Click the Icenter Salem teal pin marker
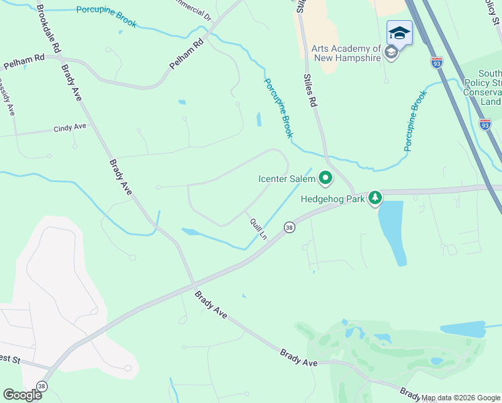tap(325, 179)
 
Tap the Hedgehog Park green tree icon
tap(376, 198)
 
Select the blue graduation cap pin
tap(399, 33)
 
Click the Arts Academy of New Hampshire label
tap(346, 53)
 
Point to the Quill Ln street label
tap(258, 228)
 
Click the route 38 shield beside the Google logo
tap(42, 386)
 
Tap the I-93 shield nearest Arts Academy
tap(437, 62)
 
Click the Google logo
tap(22, 394)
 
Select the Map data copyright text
tap(460, 398)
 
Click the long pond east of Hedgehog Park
tap(392, 232)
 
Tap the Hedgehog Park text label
tap(332, 199)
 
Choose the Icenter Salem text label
tap(287, 179)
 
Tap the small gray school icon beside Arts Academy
tap(391, 53)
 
